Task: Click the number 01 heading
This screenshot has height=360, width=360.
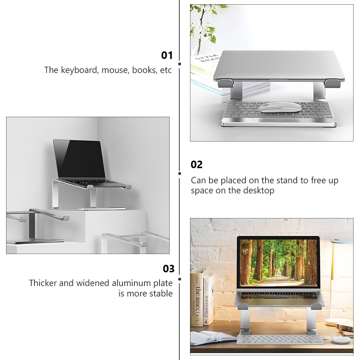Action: (x=167, y=55)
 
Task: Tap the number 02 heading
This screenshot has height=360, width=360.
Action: (x=197, y=165)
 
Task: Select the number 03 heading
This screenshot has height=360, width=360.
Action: (x=169, y=269)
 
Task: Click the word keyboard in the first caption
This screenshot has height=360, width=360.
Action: (x=79, y=70)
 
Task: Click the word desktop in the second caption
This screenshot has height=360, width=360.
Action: (x=259, y=190)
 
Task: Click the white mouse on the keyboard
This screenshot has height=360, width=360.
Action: (x=280, y=107)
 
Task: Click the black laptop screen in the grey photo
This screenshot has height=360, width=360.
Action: (x=79, y=158)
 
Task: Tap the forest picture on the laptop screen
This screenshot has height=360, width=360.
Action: (x=278, y=262)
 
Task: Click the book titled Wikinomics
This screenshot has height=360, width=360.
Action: (x=208, y=300)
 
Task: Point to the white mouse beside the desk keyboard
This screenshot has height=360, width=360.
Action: (x=340, y=340)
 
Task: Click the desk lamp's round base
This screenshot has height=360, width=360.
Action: (x=338, y=322)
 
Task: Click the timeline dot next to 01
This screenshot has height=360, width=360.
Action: (x=180, y=64)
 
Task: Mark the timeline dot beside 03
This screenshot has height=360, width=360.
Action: (x=180, y=279)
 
